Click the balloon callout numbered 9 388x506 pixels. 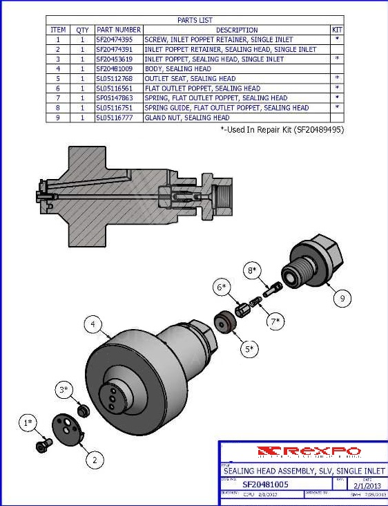341,299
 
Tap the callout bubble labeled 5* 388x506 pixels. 249,349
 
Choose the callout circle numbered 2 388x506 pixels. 94,458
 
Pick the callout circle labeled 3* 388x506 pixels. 64,391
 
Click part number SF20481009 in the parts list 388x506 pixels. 119,69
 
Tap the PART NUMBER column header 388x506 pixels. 119,30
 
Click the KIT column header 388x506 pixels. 337,30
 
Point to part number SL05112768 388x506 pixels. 119,79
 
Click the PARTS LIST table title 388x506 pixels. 195,20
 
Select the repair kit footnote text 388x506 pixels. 282,129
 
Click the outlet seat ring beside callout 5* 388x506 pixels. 224,324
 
